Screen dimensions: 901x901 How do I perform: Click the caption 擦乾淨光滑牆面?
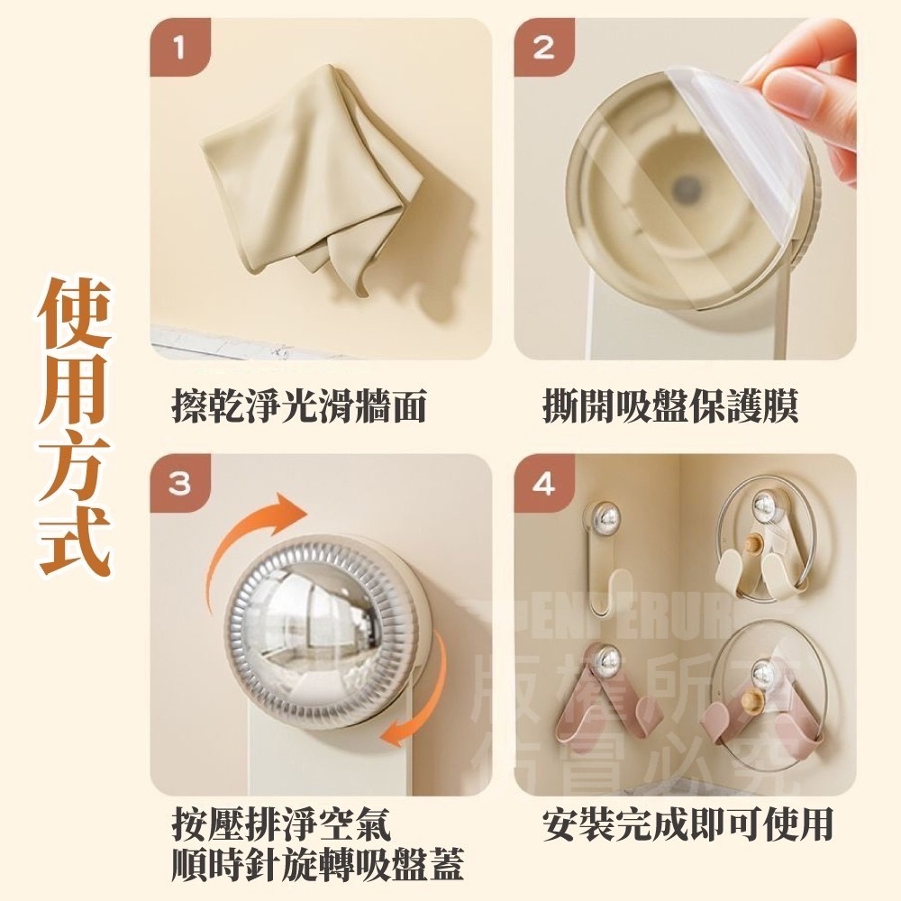coord(298,407)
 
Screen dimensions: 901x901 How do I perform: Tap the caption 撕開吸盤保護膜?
coord(670,407)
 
